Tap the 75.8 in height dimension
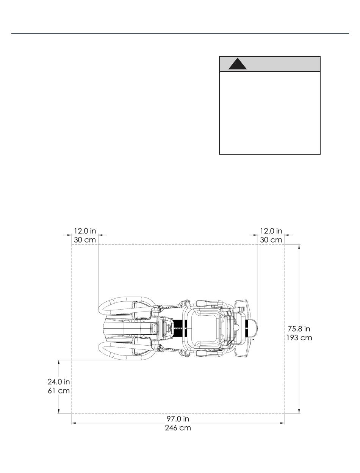click(x=299, y=329)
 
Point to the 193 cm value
click(x=299, y=337)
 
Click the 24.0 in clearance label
click(x=59, y=382)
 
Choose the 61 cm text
click(x=59, y=390)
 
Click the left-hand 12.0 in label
click(x=85, y=231)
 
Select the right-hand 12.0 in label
click(x=271, y=231)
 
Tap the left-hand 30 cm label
click(x=85, y=240)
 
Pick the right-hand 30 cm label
click(x=271, y=240)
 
